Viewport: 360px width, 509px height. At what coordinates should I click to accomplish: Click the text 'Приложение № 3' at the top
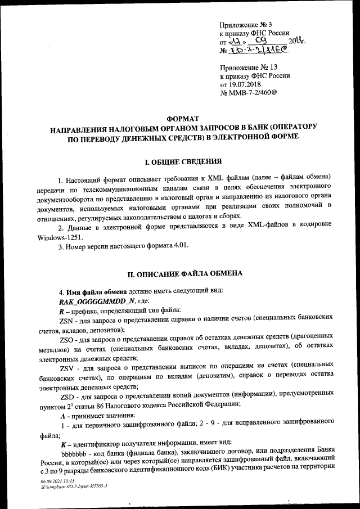246,25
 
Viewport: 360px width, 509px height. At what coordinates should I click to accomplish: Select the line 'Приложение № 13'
247,67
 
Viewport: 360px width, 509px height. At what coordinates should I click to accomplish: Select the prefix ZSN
67,319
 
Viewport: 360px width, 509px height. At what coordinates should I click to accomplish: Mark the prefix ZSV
67,368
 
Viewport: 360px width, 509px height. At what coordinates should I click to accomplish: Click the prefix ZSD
67,397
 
